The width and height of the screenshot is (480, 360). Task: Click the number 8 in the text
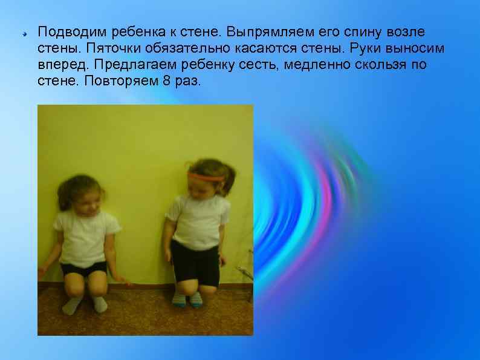(166, 81)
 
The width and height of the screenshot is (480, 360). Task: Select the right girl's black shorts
(194, 260)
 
